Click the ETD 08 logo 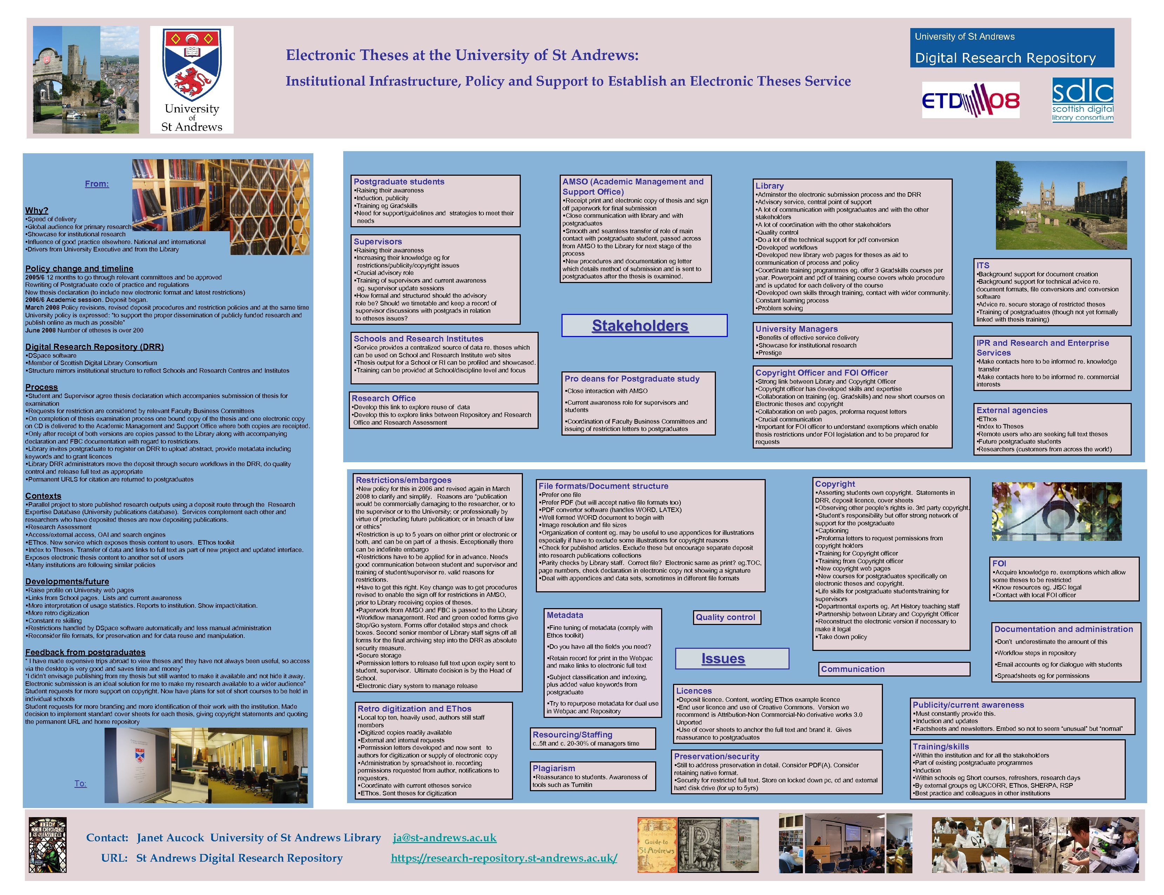(971, 100)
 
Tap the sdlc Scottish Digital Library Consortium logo (1083, 100)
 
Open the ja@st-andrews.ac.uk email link (445, 837)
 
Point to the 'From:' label (97, 184)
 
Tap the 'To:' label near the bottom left (80, 783)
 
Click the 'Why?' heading (37, 210)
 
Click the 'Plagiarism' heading (554, 768)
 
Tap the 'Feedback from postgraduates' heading (85, 652)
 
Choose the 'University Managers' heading (796, 329)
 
